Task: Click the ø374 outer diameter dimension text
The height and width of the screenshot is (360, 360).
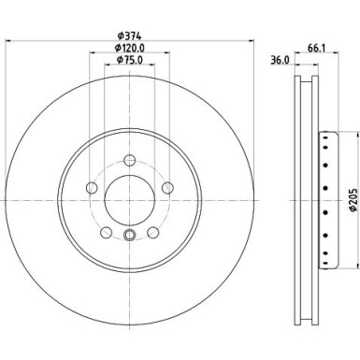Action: [x=128, y=36]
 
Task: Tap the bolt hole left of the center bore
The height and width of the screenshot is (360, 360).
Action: [x=91, y=190]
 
